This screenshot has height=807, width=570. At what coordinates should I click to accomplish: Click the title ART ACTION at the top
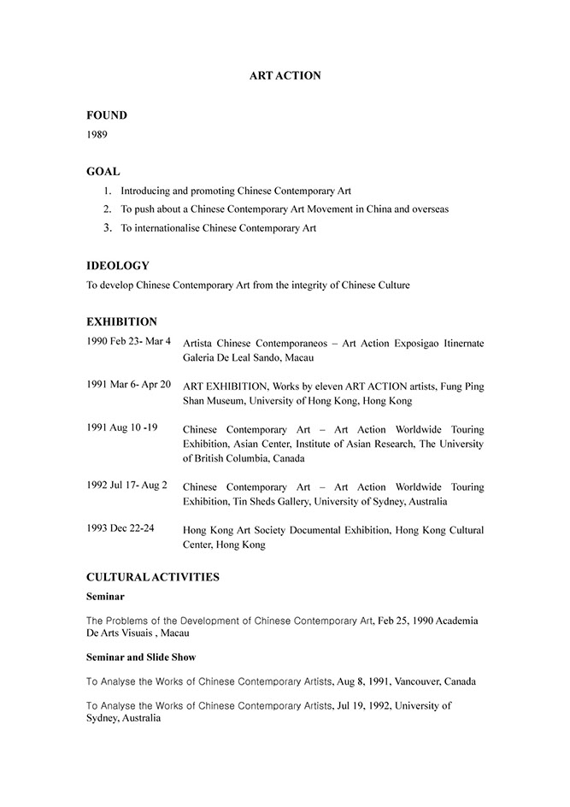(285, 76)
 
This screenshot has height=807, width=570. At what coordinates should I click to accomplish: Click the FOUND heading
(107, 115)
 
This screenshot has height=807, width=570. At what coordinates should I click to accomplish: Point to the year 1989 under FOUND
(97, 134)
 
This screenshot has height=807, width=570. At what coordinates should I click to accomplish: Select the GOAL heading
(103, 172)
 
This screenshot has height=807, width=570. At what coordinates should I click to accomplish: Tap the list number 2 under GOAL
(108, 209)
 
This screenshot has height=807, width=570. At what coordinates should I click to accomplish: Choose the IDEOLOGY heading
(118, 266)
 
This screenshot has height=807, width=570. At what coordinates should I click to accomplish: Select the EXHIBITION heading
(121, 322)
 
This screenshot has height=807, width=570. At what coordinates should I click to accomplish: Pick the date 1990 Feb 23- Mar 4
(128, 341)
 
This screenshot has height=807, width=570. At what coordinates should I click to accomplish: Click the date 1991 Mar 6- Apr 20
(128, 385)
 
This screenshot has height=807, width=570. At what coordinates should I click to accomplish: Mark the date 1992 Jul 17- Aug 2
(126, 485)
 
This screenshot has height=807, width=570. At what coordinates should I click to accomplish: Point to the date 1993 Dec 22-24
(120, 528)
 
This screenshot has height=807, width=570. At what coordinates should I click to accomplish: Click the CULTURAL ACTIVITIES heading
(153, 577)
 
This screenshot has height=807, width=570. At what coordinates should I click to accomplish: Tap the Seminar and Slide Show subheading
(141, 657)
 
